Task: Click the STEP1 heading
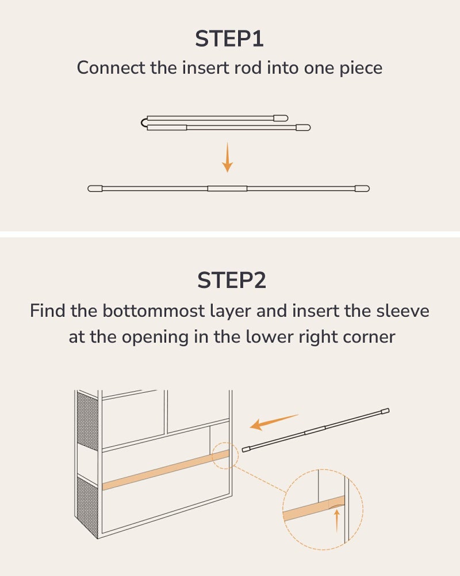229,39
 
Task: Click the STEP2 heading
232,281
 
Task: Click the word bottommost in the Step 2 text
154,311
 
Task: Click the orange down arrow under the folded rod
228,157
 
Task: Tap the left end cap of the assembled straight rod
95,188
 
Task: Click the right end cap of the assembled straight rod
362,188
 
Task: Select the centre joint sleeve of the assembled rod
228,188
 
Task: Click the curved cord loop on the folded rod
144,123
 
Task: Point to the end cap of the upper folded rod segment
281,118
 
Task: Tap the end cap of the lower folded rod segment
304,127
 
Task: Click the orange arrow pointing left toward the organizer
274,422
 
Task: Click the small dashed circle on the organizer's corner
225,456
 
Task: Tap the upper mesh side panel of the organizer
87,421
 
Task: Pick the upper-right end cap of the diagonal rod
385,411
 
